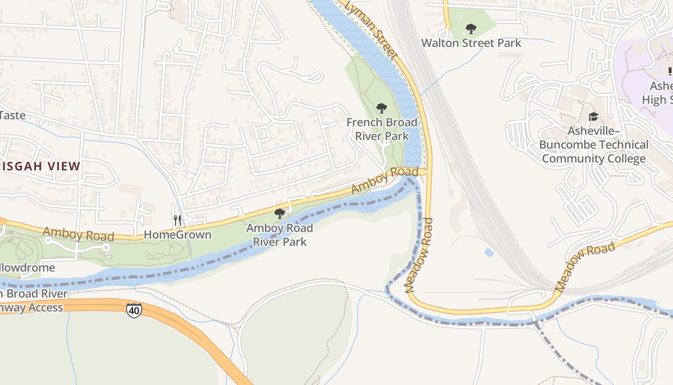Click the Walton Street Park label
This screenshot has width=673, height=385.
[x=471, y=43]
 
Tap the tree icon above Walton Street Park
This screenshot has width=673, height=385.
[x=471, y=29]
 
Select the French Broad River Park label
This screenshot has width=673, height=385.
[x=382, y=129]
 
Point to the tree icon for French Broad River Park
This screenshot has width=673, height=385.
[x=382, y=108]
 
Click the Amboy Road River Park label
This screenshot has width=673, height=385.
[x=279, y=234]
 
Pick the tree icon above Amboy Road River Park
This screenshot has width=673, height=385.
[x=279, y=214]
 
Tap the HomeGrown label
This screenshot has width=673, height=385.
[x=177, y=235]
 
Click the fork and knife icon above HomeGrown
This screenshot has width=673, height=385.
[x=177, y=220]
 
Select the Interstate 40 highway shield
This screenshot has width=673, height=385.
[x=134, y=310]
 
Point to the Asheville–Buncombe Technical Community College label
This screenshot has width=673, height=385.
[x=594, y=145]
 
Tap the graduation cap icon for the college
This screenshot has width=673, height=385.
[x=594, y=117]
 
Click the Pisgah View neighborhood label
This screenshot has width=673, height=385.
[x=40, y=167]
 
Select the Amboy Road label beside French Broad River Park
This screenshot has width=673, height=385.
[x=385, y=180]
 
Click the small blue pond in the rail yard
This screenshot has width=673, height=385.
[x=488, y=253]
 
